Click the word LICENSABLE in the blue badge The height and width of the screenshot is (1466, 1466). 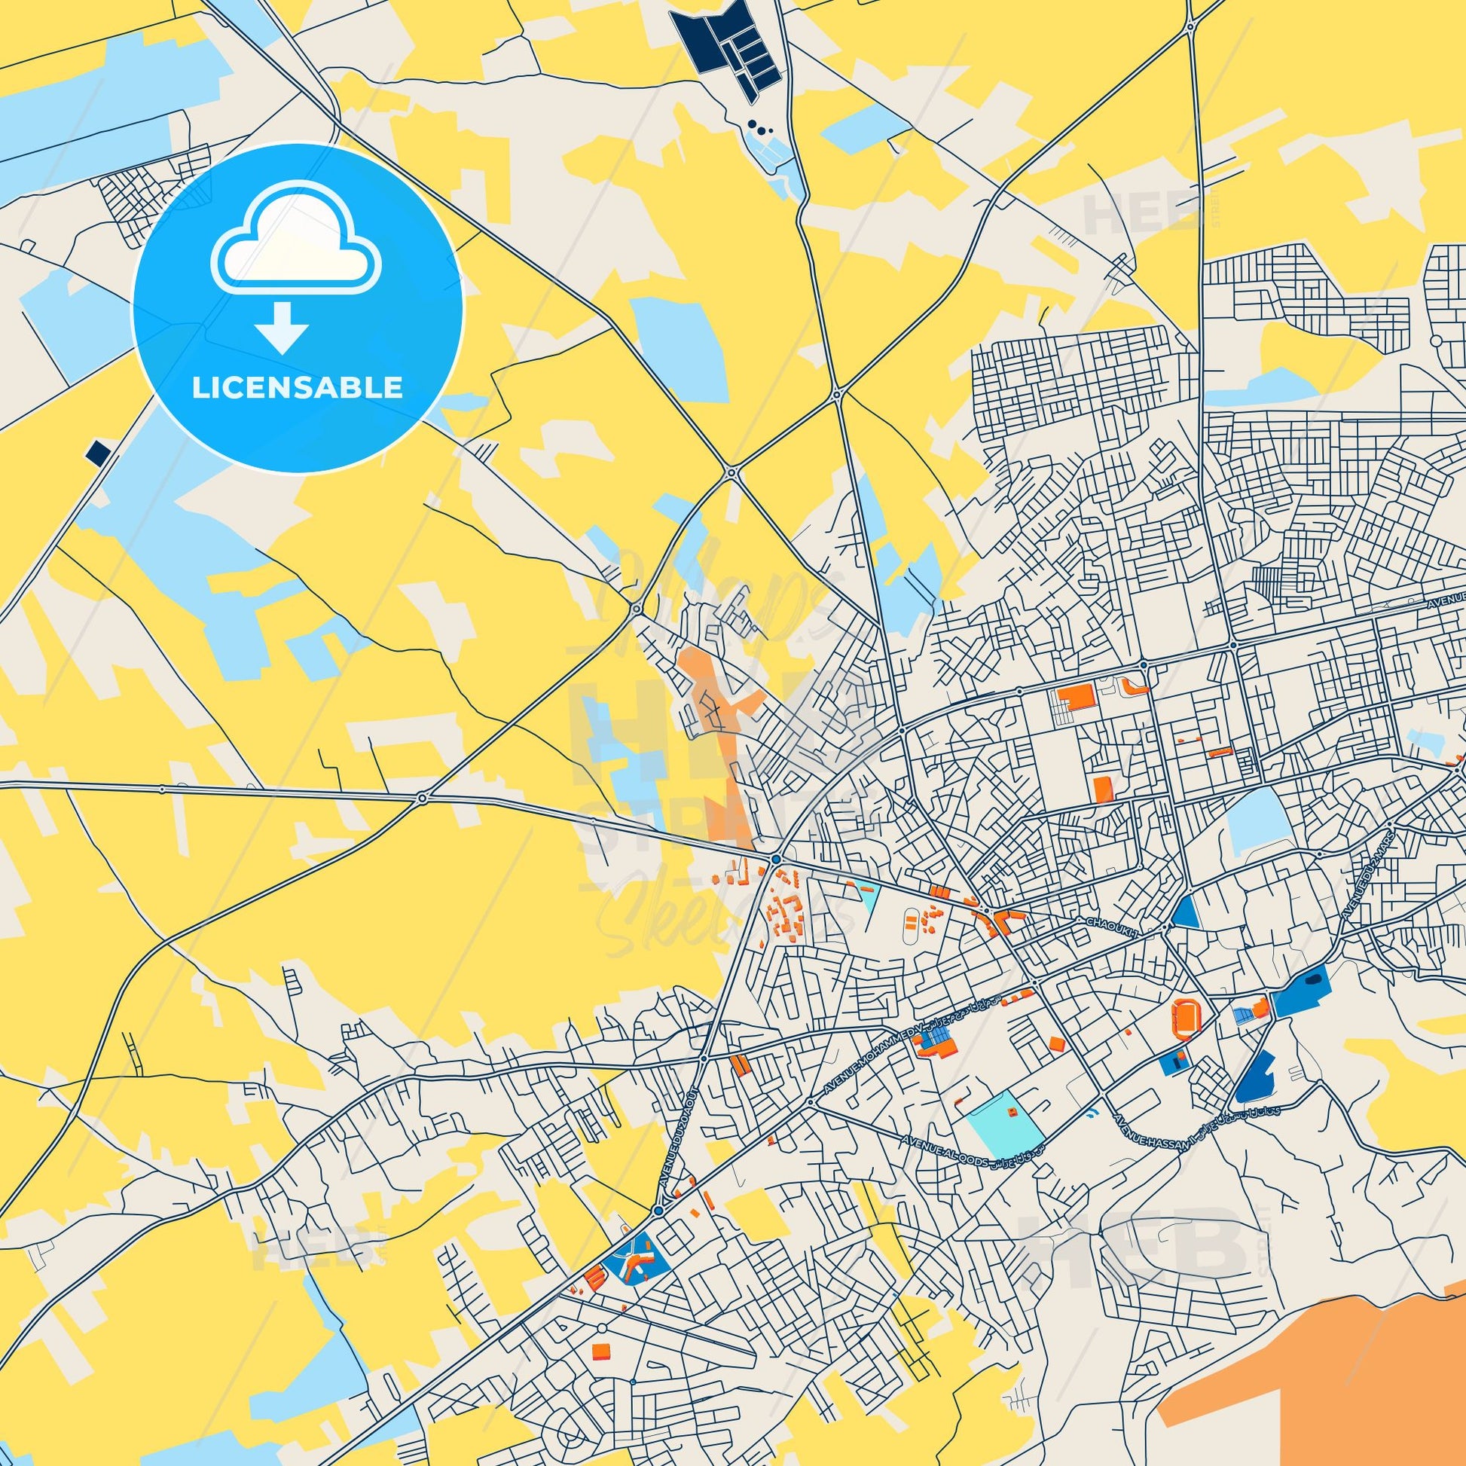coord(297,388)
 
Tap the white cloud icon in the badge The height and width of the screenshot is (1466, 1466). coord(297,240)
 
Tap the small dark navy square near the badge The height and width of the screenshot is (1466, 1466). coord(98,454)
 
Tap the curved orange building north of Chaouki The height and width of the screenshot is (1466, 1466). coord(1135,688)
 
